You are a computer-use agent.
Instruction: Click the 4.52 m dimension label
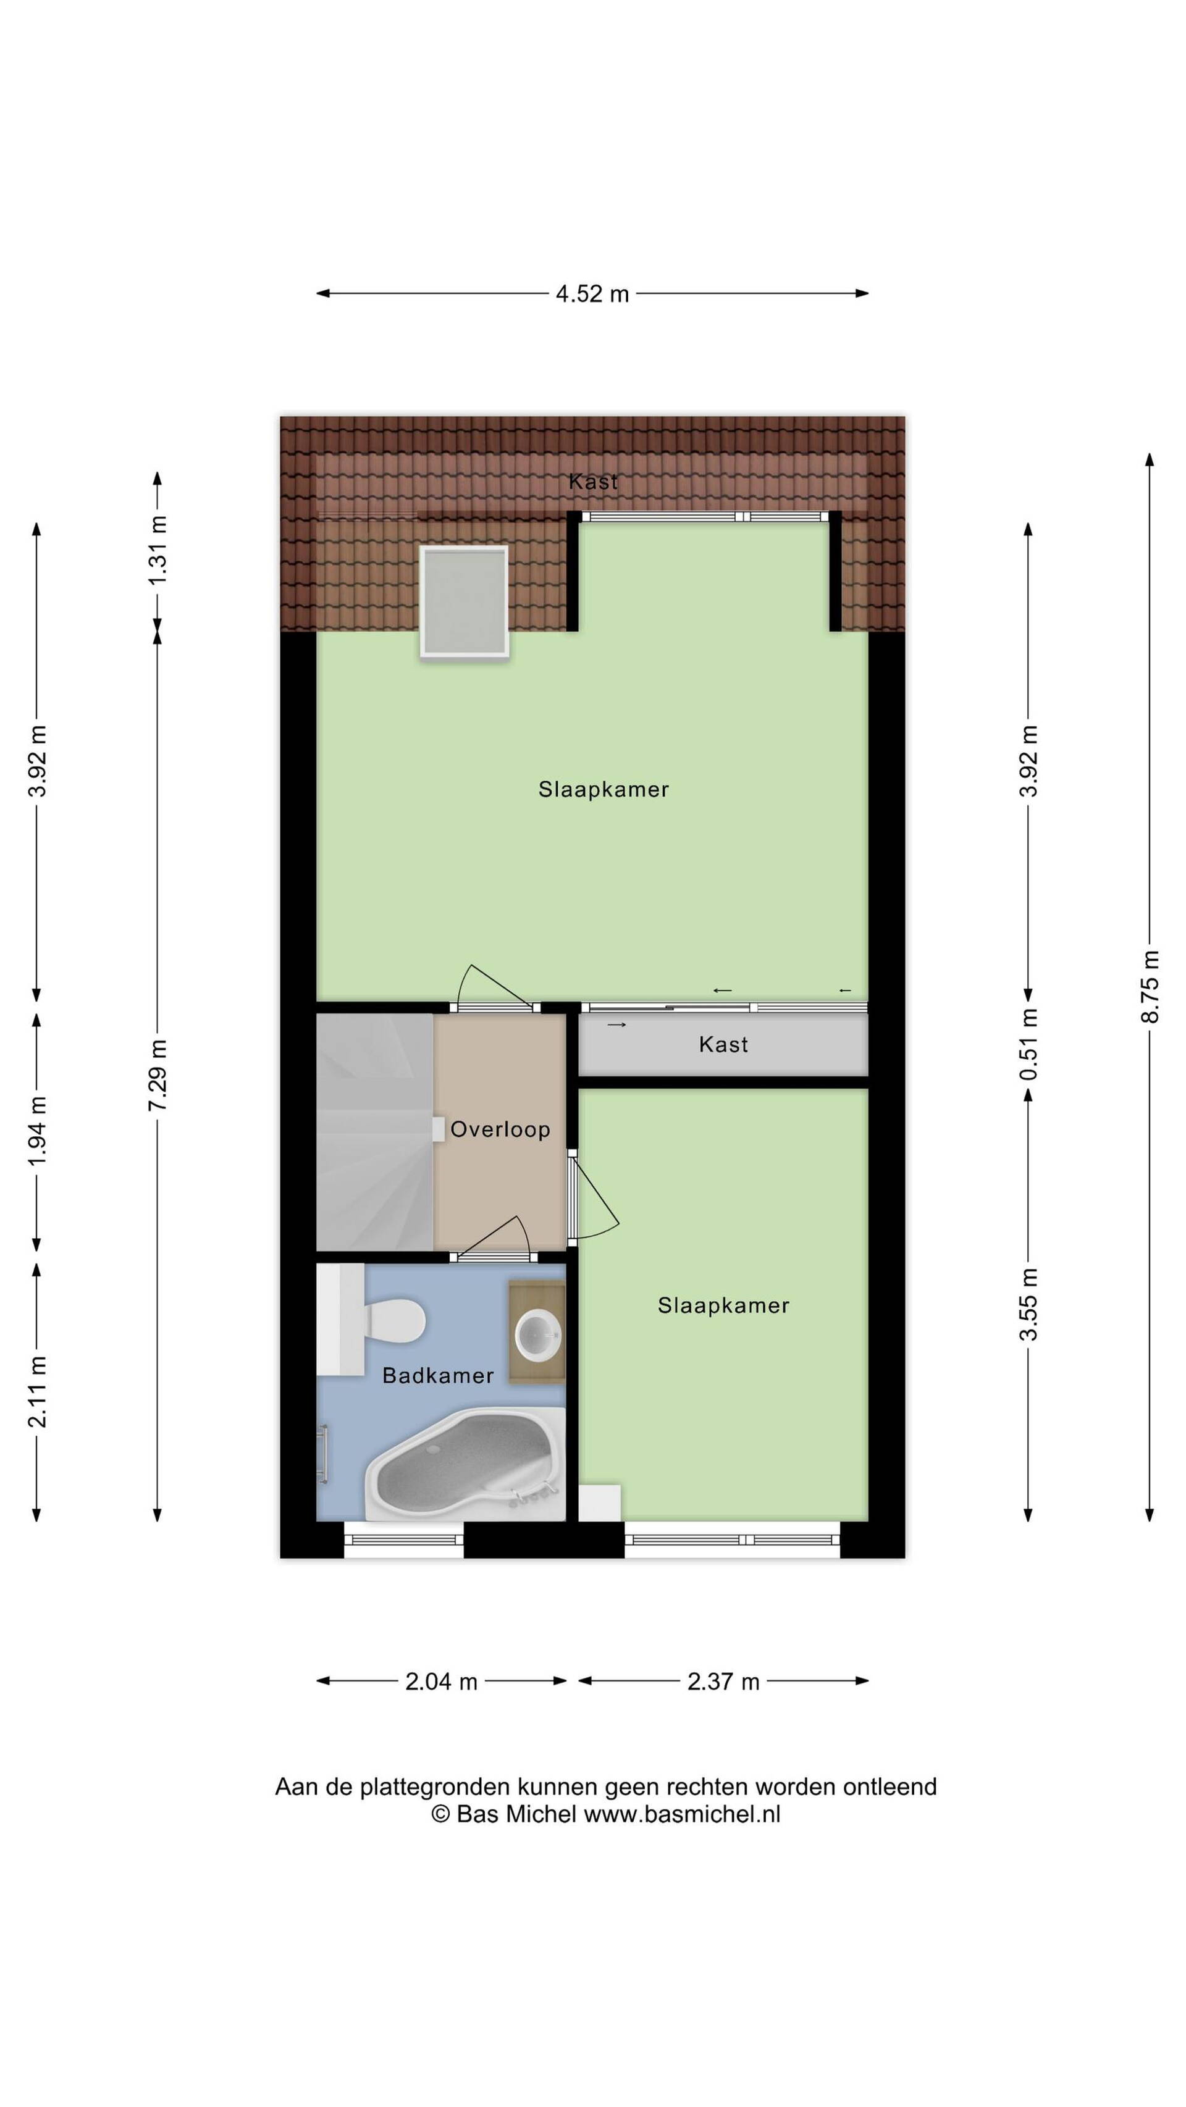(x=592, y=294)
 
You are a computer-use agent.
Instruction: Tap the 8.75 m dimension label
(x=1150, y=986)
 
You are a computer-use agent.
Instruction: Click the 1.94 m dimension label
(x=37, y=1132)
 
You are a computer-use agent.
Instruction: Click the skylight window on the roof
(x=465, y=601)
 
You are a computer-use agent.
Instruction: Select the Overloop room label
(x=500, y=1129)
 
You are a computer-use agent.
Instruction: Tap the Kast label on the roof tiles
(x=593, y=482)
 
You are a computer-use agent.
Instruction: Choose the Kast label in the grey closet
(x=723, y=1044)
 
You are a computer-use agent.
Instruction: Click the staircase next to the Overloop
(x=374, y=1132)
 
